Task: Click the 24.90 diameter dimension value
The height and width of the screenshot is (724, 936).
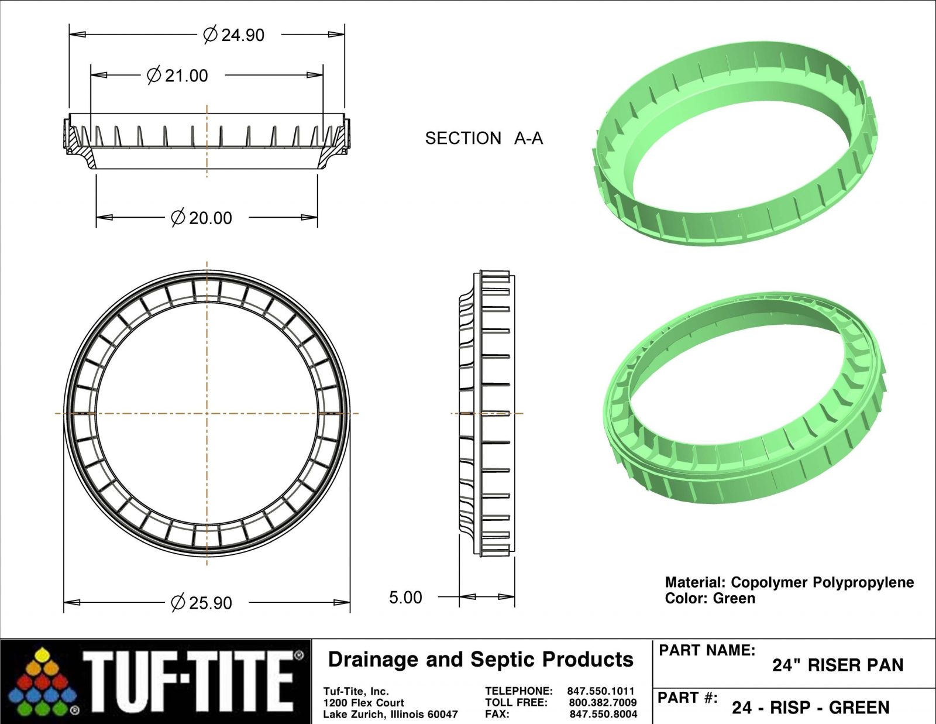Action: click(x=243, y=35)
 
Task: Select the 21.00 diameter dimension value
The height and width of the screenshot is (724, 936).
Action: click(x=186, y=76)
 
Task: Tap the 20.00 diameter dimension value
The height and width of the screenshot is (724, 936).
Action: click(x=210, y=218)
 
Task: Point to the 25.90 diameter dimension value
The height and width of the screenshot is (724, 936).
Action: click(x=210, y=603)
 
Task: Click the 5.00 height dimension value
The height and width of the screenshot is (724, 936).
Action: click(x=405, y=598)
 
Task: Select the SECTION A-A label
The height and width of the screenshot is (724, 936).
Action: click(x=484, y=138)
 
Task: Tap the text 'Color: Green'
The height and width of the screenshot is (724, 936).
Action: click(x=710, y=599)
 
